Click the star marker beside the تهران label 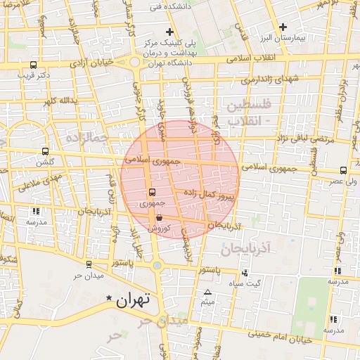[x=108, y=299]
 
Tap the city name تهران [x=133, y=301]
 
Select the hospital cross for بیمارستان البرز [x=283, y=27]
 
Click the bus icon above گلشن [x=46, y=151]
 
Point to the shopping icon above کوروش [x=159, y=218]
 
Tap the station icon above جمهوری [x=152, y=193]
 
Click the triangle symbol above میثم [x=207, y=292]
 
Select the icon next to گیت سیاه [x=244, y=273]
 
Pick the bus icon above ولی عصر [x=343, y=170]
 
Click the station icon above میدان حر [x=89, y=264]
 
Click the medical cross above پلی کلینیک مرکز [x=169, y=32]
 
